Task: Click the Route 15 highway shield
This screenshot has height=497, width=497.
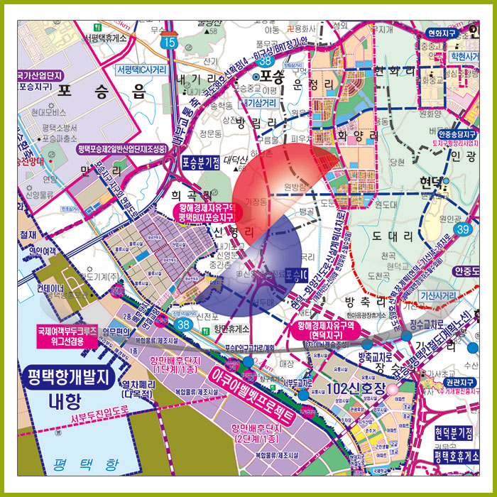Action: coord(168,42)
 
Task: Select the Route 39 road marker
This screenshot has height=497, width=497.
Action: coord(464,229)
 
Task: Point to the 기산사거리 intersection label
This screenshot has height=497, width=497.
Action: coord(447,295)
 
